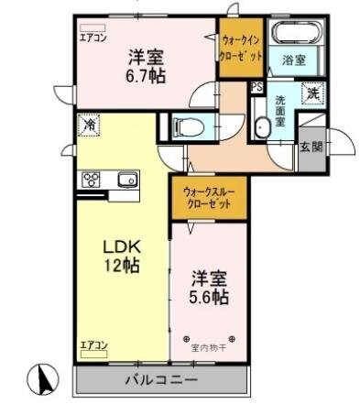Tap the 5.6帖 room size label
210,298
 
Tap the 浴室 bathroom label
293,60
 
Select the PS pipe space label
256,88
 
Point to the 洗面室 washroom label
283,109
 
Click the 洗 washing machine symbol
311,92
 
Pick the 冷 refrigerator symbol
90,125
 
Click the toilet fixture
187,127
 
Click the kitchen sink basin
126,180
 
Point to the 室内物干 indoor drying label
210,346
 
